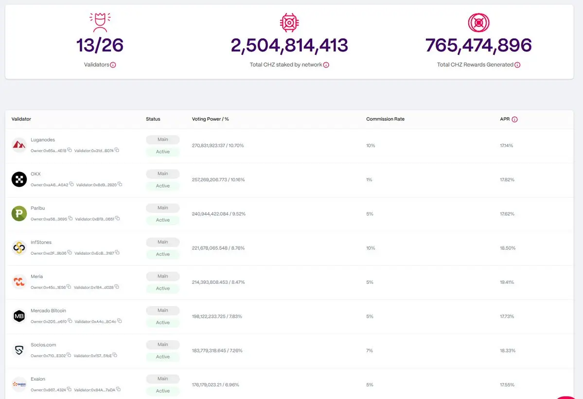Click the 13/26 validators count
pos(100,45)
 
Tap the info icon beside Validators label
pos(113,65)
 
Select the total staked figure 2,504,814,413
pos(289,45)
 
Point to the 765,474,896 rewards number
pos(478,45)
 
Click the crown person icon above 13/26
pos(100,22)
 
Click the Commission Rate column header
pos(385,119)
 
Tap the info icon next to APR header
pos(514,120)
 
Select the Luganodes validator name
pos(43,140)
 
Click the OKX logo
pos(19,179)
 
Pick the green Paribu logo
pos(19,213)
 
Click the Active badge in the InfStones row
pos(163,254)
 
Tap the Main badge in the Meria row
pos(163,276)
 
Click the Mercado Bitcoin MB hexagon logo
pos(19,316)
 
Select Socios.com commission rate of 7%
pos(370,350)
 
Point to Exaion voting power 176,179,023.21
pos(215,385)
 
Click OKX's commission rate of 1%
pos(369,180)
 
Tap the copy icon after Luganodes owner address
pos(70,150)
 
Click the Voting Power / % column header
pos(211,119)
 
